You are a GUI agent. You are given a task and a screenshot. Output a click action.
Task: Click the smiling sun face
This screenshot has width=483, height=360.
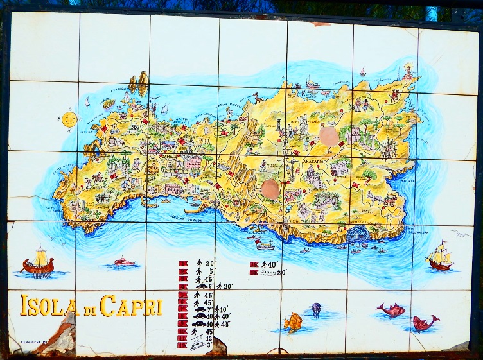point(69,119)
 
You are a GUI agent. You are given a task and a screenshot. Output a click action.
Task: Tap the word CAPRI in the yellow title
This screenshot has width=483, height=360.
point(131,306)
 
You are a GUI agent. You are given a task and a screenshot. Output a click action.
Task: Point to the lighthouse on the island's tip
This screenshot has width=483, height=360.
point(408,71)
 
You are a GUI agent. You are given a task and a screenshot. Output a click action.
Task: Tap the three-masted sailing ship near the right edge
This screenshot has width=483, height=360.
point(440,256)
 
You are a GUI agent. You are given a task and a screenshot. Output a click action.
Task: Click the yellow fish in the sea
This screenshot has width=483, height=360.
point(293,321)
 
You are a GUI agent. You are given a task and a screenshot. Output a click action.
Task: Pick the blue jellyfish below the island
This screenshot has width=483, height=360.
point(316,309)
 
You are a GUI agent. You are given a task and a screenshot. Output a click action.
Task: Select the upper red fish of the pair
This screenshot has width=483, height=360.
point(391,310)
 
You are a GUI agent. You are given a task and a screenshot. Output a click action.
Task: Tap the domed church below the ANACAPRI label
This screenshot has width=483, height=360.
point(313,175)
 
